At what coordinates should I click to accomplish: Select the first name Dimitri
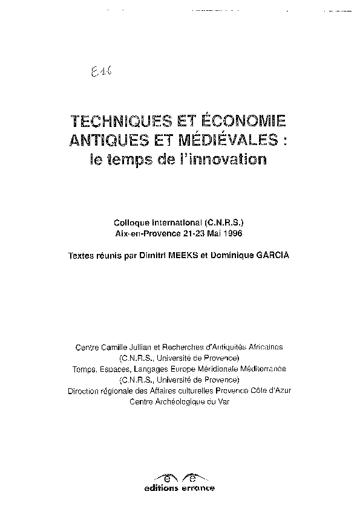point(162,256)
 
